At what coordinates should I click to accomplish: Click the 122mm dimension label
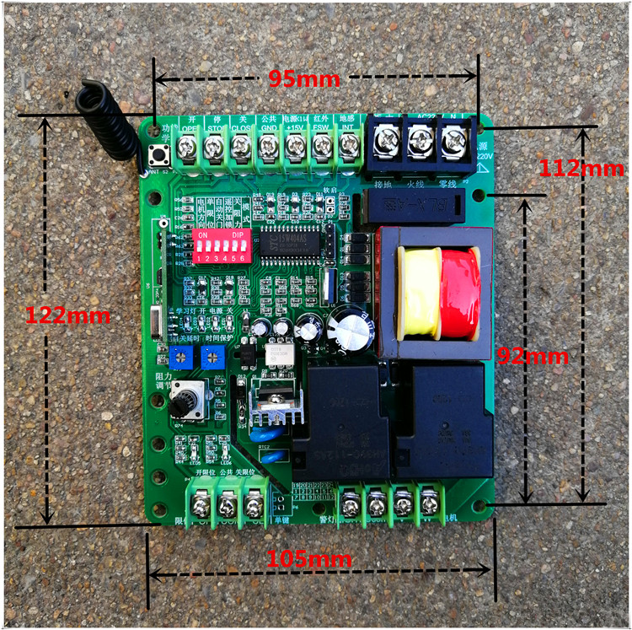point(68,316)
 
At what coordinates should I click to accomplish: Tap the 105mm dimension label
point(310,558)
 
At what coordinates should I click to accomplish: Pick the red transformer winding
point(458,292)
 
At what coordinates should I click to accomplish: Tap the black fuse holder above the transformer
point(414,205)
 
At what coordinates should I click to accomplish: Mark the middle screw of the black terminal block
point(420,136)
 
